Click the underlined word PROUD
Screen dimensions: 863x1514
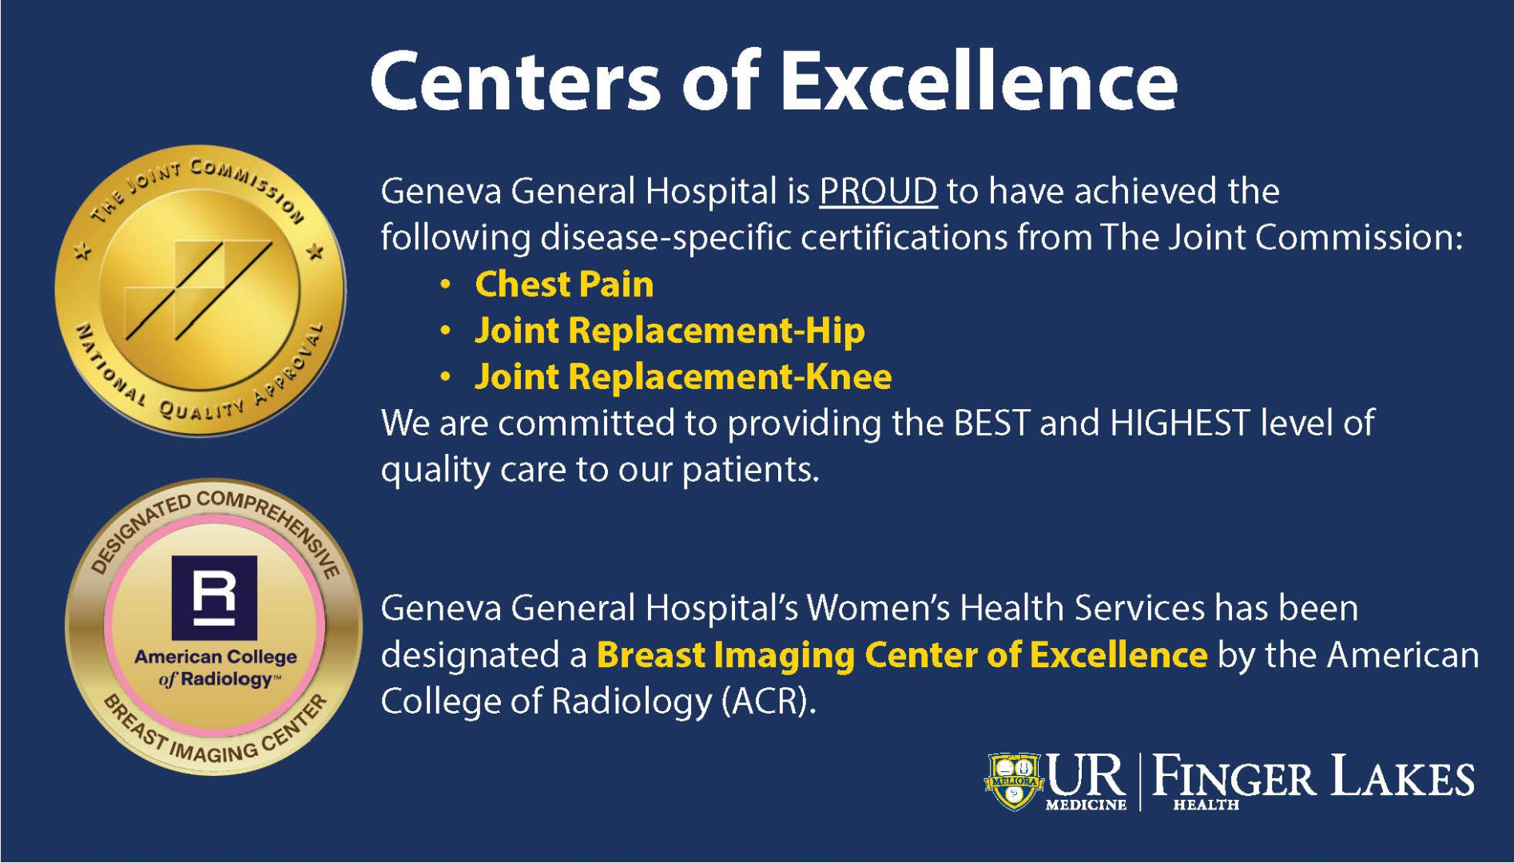pyautogui.click(x=877, y=192)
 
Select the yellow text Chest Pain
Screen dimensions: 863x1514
pyautogui.click(x=564, y=284)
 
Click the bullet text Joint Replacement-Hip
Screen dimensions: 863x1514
pyautogui.click(x=670, y=331)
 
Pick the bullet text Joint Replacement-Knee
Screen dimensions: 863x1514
pyautogui.click(x=683, y=377)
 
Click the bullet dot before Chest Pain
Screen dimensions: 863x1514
pyautogui.click(x=446, y=285)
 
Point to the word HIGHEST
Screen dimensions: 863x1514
pyautogui.click(x=1179, y=423)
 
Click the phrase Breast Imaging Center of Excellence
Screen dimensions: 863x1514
pyautogui.click(x=901, y=655)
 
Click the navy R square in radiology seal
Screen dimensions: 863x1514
pyautogui.click(x=215, y=597)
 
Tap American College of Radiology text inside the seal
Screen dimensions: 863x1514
pyautogui.click(x=216, y=668)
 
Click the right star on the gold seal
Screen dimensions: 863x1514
pyautogui.click(x=316, y=253)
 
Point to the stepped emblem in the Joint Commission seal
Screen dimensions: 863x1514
pyautogui.click(x=200, y=289)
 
